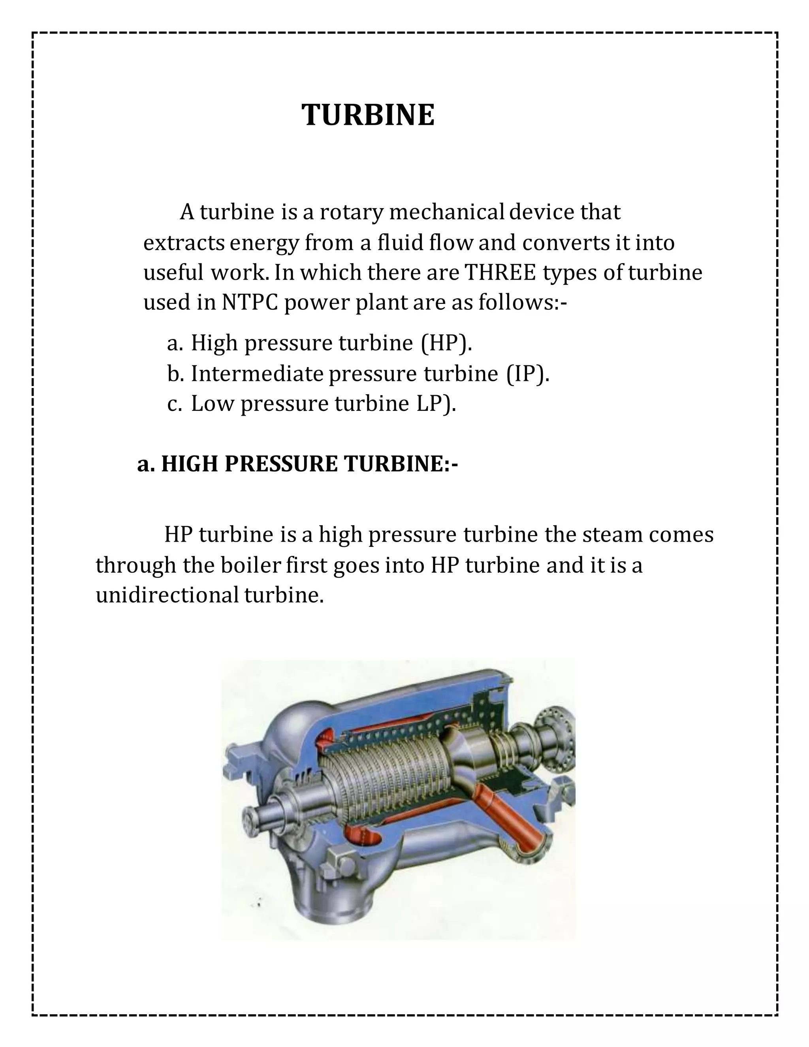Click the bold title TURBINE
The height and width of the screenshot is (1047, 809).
368,115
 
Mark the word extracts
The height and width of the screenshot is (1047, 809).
184,243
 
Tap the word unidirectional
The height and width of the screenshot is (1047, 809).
167,595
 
